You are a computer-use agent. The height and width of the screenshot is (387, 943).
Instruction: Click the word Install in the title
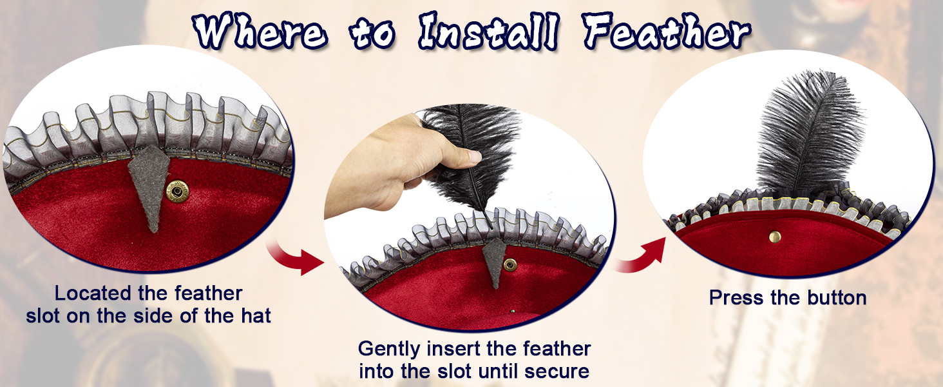(489, 31)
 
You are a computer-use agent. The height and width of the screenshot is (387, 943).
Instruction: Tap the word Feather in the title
(667, 31)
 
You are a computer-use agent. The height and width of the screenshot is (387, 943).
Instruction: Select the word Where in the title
(260, 31)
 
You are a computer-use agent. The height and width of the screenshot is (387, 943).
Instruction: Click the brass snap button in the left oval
(177, 192)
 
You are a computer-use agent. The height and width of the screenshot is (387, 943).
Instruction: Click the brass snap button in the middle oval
(510, 264)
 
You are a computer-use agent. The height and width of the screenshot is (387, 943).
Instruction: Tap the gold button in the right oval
(775, 237)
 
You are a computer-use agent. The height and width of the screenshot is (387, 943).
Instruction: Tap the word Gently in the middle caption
(390, 350)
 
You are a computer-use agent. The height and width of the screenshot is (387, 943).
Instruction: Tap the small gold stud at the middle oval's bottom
(513, 312)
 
